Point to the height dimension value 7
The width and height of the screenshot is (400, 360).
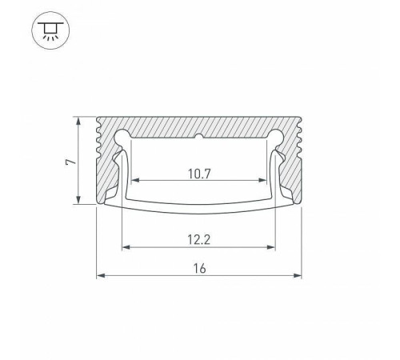click(x=70, y=162)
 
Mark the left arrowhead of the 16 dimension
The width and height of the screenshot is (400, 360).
click(x=101, y=277)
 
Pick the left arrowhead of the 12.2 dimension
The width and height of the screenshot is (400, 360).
click(x=126, y=246)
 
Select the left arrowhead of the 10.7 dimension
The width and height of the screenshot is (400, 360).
click(x=135, y=180)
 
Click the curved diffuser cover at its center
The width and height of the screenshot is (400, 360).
click(x=199, y=209)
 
